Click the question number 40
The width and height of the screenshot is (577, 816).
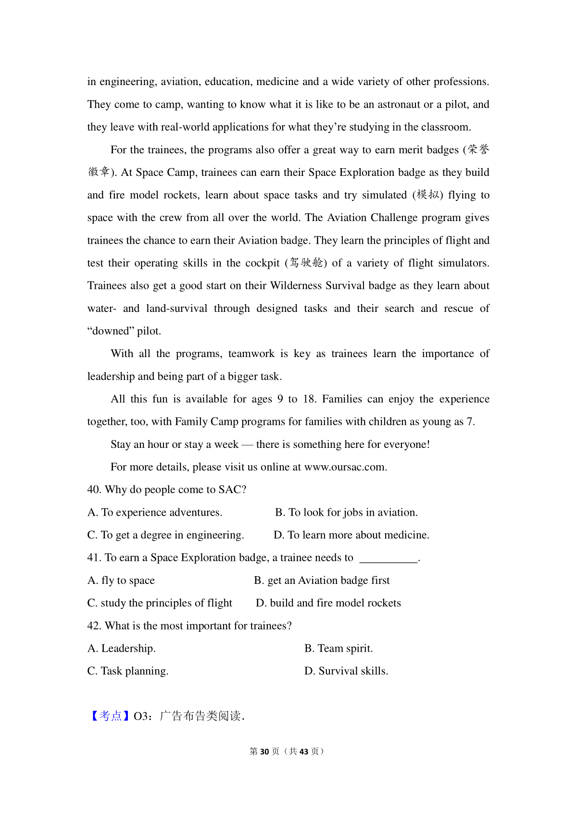(94, 490)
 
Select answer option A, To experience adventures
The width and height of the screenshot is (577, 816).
(155, 513)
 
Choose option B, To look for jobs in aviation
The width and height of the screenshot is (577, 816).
(346, 513)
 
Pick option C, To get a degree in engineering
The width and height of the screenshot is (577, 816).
(165, 535)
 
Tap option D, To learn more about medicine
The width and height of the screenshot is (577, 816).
(351, 535)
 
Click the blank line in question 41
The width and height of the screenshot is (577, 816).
(389, 558)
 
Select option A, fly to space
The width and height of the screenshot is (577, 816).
(121, 581)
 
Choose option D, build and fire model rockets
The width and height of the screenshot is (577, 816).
(328, 603)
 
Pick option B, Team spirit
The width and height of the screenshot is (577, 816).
(339, 649)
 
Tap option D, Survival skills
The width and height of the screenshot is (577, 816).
(346, 671)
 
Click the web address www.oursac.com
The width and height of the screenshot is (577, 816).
(345, 467)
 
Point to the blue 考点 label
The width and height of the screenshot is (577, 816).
(110, 716)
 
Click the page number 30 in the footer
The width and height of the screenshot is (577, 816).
(264, 752)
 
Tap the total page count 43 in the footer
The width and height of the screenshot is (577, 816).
(303, 752)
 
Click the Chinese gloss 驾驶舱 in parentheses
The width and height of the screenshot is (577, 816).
(306, 263)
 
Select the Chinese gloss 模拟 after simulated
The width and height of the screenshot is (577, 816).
(427, 195)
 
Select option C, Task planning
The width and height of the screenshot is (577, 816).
(128, 671)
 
